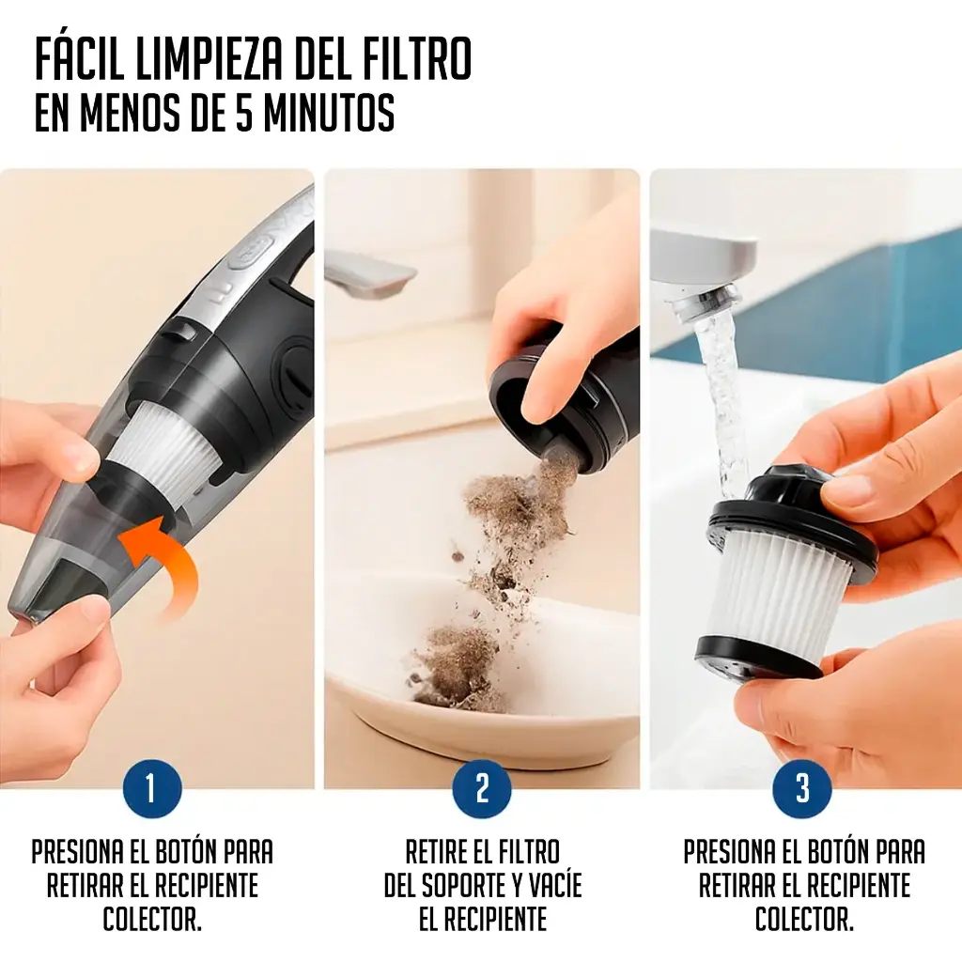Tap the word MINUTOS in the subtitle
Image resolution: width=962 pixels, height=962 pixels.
pos(326,113)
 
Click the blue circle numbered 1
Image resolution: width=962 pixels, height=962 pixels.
pos(151,788)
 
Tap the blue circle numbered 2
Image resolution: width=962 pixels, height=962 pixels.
pos(482,788)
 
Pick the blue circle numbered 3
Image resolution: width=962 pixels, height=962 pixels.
pos(802,788)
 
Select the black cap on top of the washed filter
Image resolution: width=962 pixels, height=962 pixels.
pos(791,509)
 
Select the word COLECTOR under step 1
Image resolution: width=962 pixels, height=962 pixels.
pos(151,919)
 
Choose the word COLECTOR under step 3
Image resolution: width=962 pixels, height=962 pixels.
pos(804,919)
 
